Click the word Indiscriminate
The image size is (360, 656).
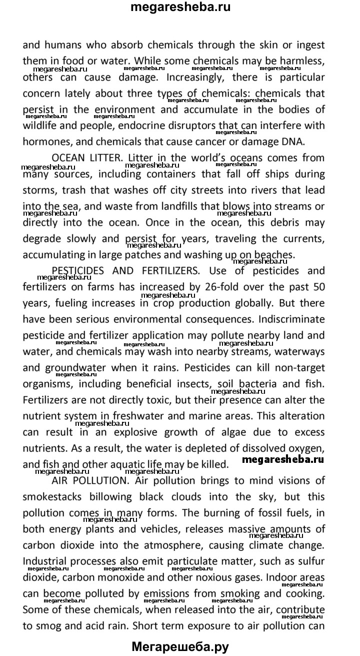click(284, 319)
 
